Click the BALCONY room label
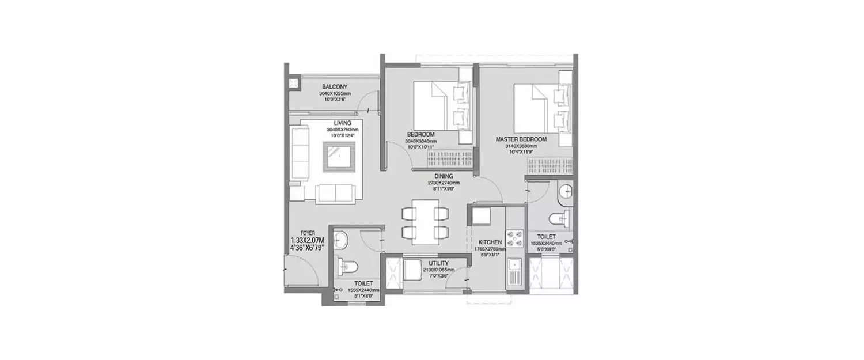(x=334, y=86)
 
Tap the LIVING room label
(x=343, y=123)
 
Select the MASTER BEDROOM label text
(x=521, y=139)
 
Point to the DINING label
(x=444, y=176)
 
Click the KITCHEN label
(x=490, y=242)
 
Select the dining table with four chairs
(x=425, y=219)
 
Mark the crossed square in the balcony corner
(x=293, y=84)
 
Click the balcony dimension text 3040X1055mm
(x=335, y=93)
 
